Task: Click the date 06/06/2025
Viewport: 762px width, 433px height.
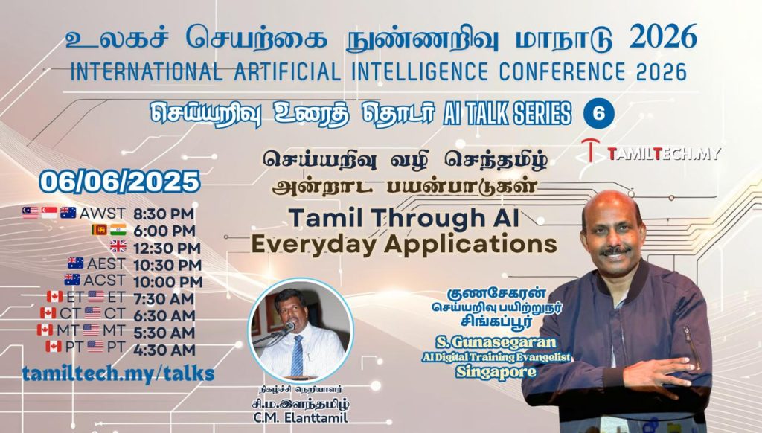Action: [120, 182]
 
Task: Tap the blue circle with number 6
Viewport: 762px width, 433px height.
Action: [599, 114]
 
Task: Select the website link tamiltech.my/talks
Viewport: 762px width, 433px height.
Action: [118, 373]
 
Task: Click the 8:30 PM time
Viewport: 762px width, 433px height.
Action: [164, 214]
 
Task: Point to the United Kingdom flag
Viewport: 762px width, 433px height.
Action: [118, 246]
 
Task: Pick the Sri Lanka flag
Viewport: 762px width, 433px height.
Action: [99, 230]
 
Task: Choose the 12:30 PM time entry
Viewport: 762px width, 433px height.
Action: [167, 248]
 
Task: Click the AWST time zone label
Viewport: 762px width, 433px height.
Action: [103, 214]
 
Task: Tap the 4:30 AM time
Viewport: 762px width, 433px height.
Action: [164, 350]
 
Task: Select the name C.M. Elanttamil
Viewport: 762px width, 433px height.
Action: [301, 417]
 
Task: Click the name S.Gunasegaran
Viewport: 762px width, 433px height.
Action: [496, 342]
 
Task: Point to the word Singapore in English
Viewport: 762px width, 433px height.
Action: [496, 372]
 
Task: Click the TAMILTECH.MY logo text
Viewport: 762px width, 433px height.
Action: [664, 154]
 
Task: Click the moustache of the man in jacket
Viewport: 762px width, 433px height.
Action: [615, 251]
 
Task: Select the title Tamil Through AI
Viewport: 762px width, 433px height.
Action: [404, 218]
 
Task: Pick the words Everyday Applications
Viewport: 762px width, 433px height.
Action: [404, 243]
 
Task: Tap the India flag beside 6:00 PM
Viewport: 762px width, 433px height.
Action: [118, 230]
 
